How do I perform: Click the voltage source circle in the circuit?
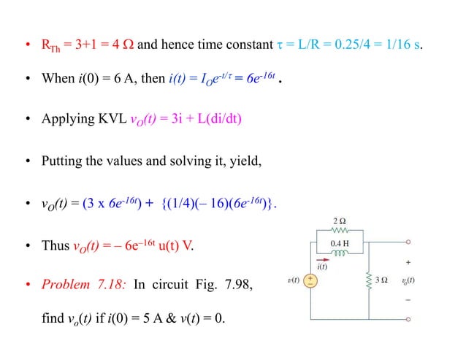[x=311, y=280]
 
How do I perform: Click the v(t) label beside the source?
[x=291, y=280]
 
